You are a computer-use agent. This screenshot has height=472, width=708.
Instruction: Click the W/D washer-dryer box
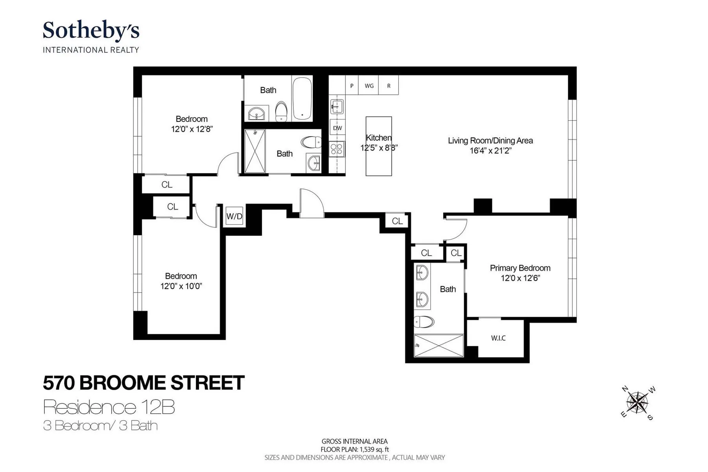(x=234, y=216)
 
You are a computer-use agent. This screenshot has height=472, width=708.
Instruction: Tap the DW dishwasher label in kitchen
(x=337, y=128)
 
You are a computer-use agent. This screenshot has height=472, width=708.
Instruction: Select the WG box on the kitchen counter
(x=369, y=86)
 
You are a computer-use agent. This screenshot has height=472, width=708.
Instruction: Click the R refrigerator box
(x=389, y=86)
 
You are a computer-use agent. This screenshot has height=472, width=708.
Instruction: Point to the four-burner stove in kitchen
(x=337, y=149)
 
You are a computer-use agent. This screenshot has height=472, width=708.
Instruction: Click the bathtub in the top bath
(x=302, y=99)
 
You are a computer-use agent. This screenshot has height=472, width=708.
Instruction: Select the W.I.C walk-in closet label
(x=498, y=338)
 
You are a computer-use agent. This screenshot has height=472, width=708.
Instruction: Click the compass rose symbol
(x=637, y=403)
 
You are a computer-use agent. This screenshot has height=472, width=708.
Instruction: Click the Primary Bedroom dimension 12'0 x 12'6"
(x=520, y=278)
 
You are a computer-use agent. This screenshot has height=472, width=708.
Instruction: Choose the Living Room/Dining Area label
(x=490, y=140)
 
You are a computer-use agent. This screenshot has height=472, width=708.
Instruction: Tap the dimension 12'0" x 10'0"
(x=181, y=286)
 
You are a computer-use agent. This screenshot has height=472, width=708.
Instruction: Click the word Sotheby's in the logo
(x=91, y=30)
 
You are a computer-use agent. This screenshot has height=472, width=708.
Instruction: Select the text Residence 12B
(x=109, y=407)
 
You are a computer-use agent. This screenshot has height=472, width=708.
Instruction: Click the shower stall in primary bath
(x=439, y=345)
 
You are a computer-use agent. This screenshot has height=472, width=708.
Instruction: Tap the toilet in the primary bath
(x=424, y=322)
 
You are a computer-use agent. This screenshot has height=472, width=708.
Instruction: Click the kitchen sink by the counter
(x=337, y=106)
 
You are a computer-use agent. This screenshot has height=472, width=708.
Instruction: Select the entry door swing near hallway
(x=311, y=203)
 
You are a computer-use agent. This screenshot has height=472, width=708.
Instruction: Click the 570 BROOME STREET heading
(x=144, y=383)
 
